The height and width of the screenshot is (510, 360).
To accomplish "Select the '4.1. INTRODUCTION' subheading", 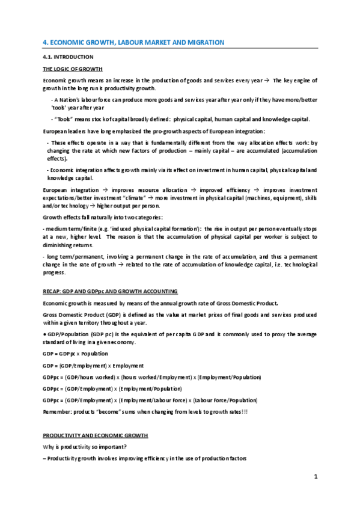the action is coord(68,57).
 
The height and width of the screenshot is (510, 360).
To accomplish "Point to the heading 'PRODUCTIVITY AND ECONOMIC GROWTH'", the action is coord(93,434).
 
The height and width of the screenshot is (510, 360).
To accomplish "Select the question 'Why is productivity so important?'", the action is coord(86,446).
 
